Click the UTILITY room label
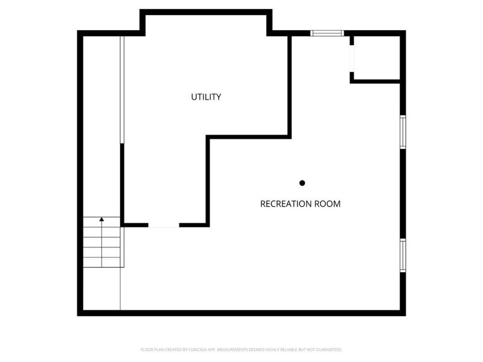click(x=206, y=97)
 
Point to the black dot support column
click(x=302, y=183)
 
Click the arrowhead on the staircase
click(x=101, y=220)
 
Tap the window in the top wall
click(x=327, y=33)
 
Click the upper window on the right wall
click(x=403, y=132)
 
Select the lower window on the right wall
click(x=403, y=255)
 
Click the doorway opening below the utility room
click(x=164, y=226)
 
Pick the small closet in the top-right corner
click(x=377, y=57)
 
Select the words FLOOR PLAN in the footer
click(x=151, y=349)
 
